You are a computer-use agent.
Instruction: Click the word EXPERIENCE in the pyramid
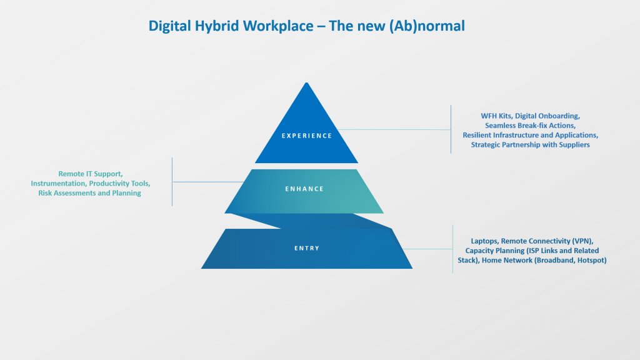coord(307,136)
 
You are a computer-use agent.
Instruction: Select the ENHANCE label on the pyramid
coord(304,189)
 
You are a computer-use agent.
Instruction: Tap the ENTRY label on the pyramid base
coord(307,248)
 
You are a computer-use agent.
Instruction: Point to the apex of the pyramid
coord(306,83)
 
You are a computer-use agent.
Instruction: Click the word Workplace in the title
coord(278,26)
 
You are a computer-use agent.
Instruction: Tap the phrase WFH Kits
coord(496,116)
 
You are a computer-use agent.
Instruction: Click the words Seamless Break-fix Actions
coord(530,126)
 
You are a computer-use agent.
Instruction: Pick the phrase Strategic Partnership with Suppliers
coord(530,145)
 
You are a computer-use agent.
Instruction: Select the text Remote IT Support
coord(90,174)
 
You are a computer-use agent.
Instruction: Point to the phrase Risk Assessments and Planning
coord(90,193)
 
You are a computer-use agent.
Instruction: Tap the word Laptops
coord(484,241)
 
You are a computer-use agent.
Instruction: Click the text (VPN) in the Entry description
coord(582,241)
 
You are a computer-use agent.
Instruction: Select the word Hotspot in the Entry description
coord(591,261)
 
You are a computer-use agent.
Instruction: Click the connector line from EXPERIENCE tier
coord(394,130)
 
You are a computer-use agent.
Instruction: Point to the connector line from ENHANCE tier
coord(208,182)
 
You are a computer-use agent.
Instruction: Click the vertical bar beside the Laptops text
coord(452,249)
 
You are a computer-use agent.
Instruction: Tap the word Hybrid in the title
coord(217,26)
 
